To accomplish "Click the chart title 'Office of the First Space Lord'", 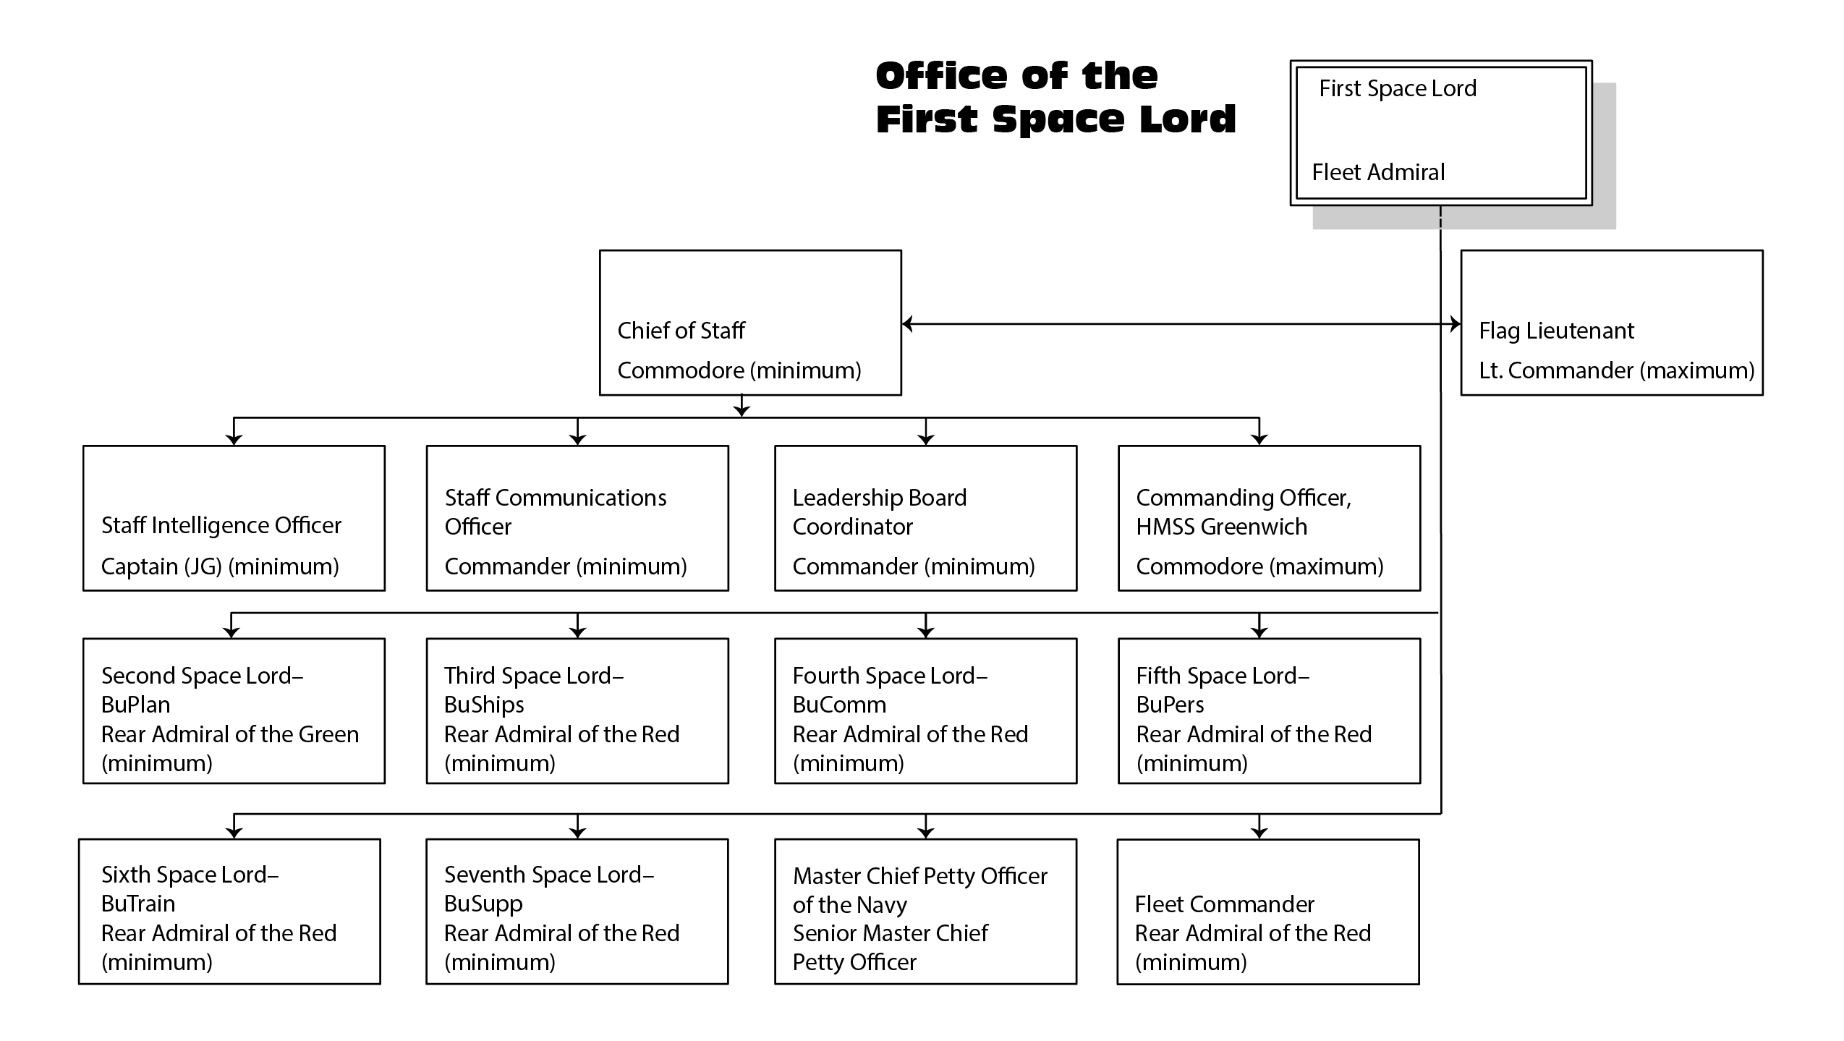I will pos(1055,98).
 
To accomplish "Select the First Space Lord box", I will pos(1440,132).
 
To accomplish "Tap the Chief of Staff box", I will pos(750,323).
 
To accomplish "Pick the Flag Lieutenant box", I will pos(1611,323).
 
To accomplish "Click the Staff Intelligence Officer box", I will pos(234,518).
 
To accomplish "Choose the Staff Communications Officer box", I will pos(577,518).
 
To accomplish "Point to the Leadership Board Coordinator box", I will pos(925,518).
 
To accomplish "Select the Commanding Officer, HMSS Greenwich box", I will pos(1269,518).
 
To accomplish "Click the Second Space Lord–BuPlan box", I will pos(234,710).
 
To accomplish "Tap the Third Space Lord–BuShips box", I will pos(577,710).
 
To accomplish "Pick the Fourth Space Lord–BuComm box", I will pos(925,710).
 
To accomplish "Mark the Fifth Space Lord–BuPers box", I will pos(1269,710).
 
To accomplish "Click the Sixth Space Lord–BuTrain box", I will pos(229,911).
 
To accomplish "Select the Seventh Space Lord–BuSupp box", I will pos(577,911).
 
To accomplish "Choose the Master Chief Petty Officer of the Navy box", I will pos(925,911).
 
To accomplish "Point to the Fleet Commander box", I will pos(1267,911).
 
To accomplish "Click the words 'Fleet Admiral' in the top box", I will pos(1378,172).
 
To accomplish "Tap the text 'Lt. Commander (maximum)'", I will pos(1616,370).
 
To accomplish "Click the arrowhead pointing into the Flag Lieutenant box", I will pos(1455,324).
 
